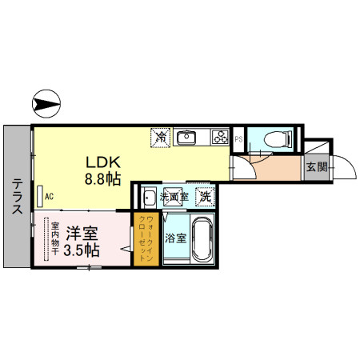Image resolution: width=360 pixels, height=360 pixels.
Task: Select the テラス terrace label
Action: pos(17,196)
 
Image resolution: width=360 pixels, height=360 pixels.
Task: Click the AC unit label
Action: pos(49,196)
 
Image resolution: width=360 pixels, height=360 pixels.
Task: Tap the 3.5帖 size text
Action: pos(82,250)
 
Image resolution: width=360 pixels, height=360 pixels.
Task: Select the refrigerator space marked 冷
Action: pos(161,137)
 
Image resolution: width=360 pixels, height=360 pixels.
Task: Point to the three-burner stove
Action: pos(221,137)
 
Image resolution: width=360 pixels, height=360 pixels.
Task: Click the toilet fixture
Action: pos(276,139)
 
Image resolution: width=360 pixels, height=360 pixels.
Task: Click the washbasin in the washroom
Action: pos(149,197)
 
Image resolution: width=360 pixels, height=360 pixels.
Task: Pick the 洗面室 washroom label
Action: pos(174,196)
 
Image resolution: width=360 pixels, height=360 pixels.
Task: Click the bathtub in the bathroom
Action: pos(202,238)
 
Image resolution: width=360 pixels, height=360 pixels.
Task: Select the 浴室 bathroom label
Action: pos(174,238)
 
